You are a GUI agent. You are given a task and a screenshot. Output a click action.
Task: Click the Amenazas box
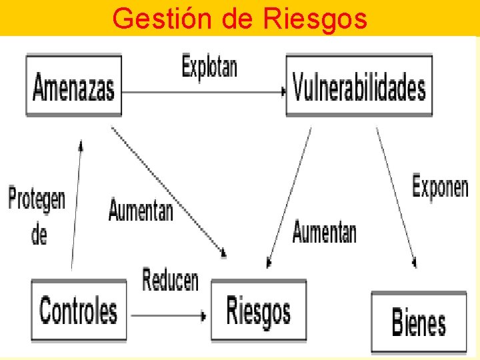point(74,87)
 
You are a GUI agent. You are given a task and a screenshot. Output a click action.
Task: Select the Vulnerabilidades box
point(359,87)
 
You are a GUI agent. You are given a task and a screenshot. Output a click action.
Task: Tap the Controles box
point(79,311)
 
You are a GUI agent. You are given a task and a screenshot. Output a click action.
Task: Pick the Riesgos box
point(259,311)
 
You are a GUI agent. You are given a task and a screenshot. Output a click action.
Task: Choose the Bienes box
point(419,322)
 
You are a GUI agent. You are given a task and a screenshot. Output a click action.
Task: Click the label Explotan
point(209,67)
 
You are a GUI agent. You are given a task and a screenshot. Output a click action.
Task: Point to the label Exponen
point(440,186)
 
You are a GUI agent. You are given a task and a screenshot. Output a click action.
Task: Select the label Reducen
point(170,279)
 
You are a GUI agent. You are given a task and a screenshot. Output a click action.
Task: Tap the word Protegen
point(37,199)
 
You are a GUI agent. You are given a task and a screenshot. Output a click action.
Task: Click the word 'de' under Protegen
point(39,234)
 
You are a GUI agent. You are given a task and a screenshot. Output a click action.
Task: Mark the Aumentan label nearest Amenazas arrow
point(141,211)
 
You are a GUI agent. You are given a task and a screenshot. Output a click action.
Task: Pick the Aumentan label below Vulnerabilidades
point(324,232)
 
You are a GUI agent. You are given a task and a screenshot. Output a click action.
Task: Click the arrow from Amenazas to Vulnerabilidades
point(200,92)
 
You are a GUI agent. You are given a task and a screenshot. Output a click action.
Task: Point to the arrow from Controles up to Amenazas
point(76,207)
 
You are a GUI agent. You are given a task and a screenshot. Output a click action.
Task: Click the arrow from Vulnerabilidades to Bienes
point(396,197)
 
